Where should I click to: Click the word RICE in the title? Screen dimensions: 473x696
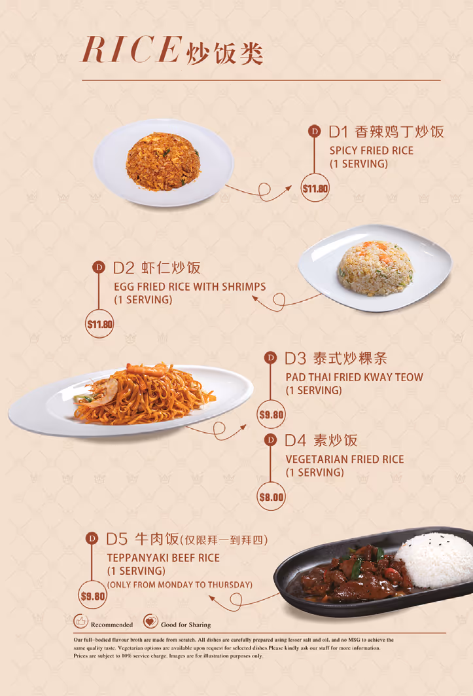coord(132,49)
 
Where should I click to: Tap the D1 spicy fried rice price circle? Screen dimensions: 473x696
coord(315,189)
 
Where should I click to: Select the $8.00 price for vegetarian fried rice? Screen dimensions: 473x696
coord(271,497)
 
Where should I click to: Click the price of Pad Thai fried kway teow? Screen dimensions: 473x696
coord(271,414)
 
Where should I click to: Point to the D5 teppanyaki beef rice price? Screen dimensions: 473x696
coord(92,596)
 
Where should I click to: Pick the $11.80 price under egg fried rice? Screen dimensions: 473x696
coord(99,324)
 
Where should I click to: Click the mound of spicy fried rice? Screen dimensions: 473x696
coord(162,161)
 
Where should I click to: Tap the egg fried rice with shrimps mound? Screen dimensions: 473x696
coord(376,268)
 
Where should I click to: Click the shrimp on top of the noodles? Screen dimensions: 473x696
coord(147,369)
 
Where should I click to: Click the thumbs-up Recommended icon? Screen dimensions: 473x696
coord(80,621)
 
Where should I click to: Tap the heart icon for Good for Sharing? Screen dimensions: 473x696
coord(150,621)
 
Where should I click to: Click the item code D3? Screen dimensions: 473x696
coord(295,358)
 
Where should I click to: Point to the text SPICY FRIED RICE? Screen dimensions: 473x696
coord(372,151)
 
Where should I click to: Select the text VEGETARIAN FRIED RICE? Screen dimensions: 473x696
coord(345,460)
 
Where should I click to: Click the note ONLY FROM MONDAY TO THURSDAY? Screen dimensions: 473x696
coord(180,585)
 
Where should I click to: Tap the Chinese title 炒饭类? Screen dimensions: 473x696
coord(225,54)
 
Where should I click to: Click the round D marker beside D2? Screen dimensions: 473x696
coord(99,267)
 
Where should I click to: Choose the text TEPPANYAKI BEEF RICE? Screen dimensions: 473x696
coord(164,558)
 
